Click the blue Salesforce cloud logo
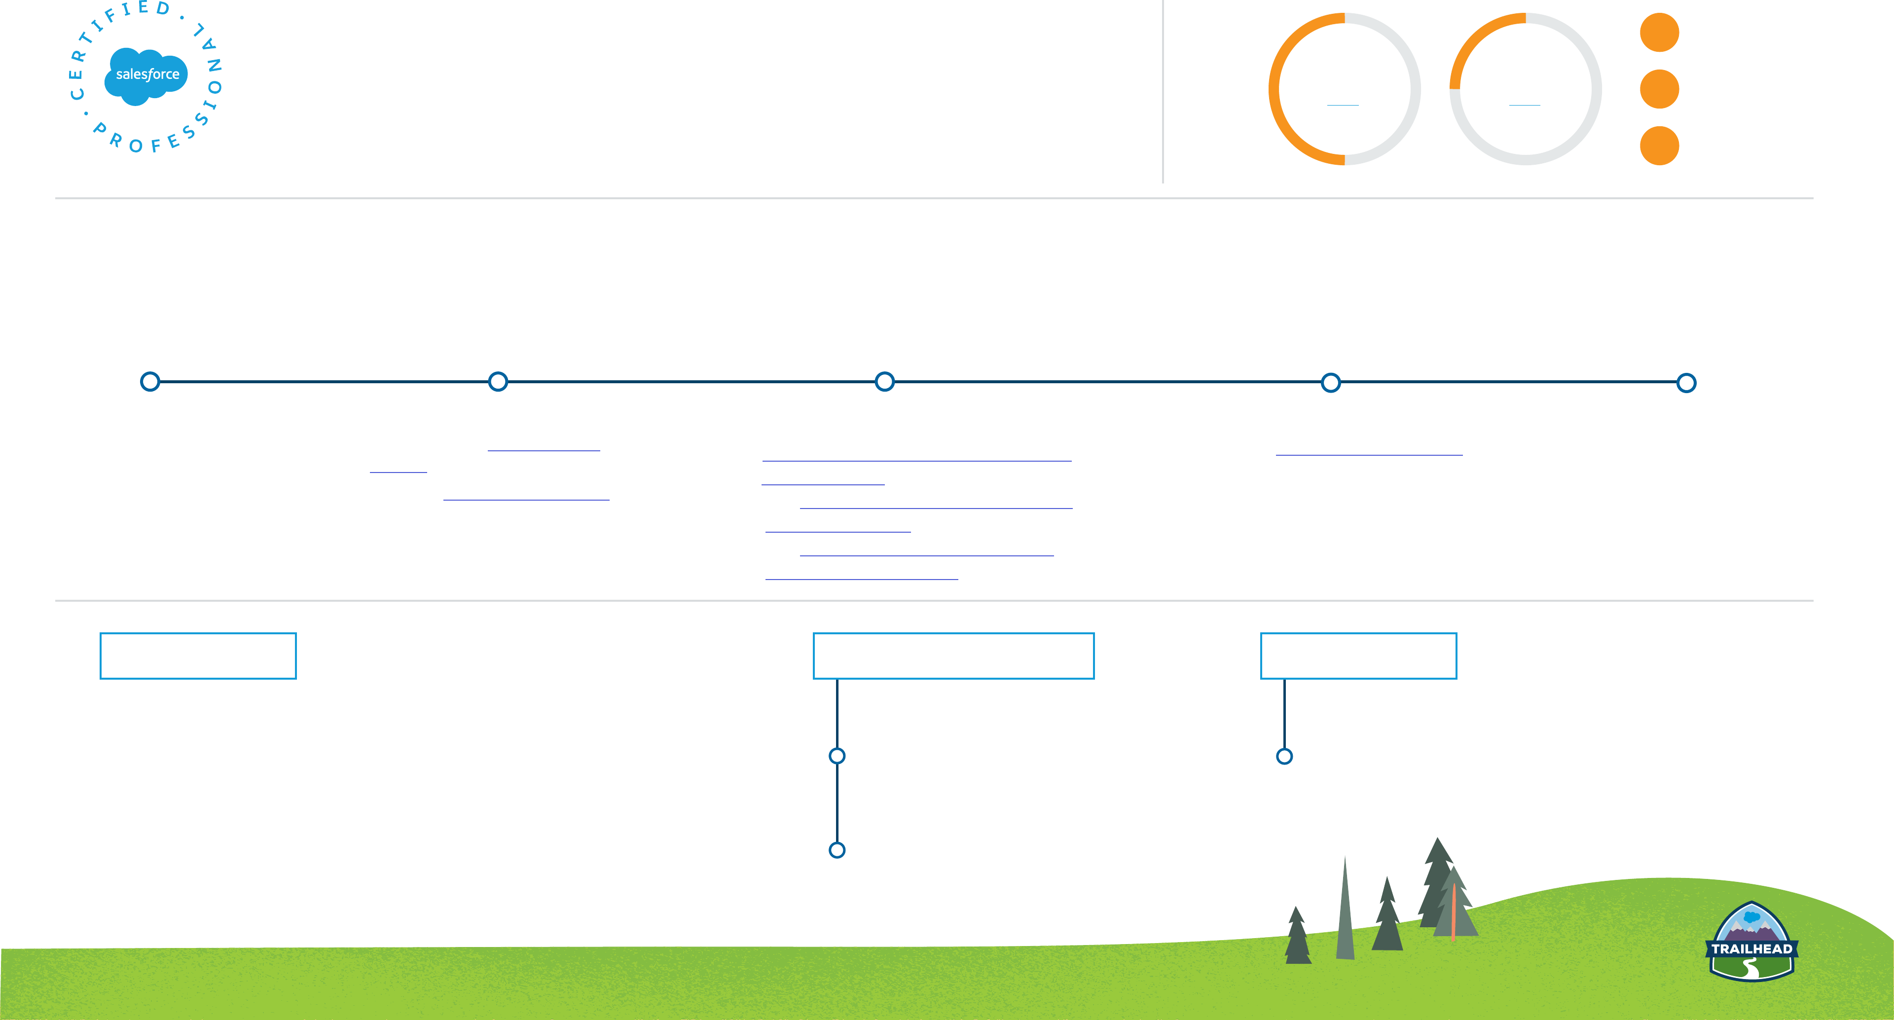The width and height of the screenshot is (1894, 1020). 146,76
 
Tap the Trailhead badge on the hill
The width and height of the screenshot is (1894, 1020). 1751,942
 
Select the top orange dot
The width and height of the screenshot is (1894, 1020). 1659,33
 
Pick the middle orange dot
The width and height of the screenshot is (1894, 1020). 1659,89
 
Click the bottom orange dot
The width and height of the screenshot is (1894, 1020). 1659,146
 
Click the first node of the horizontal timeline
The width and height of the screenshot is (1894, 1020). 150,382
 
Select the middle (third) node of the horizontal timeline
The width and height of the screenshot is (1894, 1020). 884,382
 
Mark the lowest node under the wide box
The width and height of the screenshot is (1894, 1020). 837,850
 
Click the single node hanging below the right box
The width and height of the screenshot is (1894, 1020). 1284,756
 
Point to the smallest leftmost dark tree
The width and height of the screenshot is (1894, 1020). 1298,938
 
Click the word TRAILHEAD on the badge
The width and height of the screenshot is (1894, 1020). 1751,948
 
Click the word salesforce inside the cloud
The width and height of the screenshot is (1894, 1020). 148,74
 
